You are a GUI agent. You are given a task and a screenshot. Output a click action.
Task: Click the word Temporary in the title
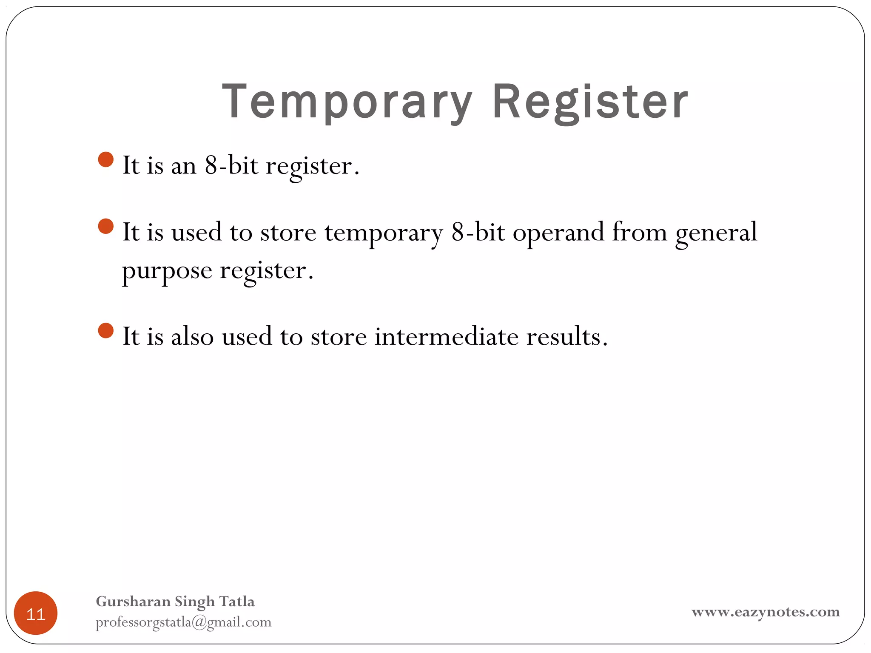(x=347, y=102)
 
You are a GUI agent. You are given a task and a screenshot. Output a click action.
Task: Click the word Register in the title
(x=590, y=102)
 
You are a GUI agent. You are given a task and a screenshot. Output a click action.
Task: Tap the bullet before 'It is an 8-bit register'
(x=105, y=160)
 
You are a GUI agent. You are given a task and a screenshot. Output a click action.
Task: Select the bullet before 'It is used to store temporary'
(x=105, y=227)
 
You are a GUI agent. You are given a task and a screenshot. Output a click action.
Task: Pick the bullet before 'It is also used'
(x=105, y=331)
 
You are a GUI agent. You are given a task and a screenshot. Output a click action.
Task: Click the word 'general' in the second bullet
(x=716, y=233)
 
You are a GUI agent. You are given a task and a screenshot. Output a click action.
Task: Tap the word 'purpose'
(x=167, y=271)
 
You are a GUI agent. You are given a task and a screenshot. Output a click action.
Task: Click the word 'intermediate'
(x=446, y=337)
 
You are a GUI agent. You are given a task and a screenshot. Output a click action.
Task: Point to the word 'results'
(x=566, y=337)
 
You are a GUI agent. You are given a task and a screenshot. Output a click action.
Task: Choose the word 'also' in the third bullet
(x=192, y=337)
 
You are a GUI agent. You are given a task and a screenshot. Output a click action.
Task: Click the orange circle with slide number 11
(x=36, y=613)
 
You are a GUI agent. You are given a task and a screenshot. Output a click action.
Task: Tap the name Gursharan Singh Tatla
(x=175, y=602)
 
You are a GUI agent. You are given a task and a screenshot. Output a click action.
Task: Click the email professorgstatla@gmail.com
(x=183, y=622)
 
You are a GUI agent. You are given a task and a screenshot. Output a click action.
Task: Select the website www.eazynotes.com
(x=766, y=612)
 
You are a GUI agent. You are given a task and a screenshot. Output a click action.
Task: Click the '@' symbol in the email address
(x=199, y=622)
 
